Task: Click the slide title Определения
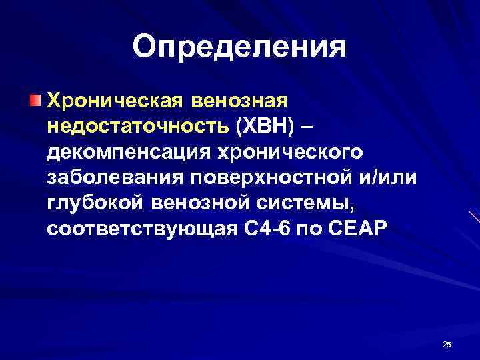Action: (239, 47)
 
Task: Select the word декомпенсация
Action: (124, 152)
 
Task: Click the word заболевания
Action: (115, 177)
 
